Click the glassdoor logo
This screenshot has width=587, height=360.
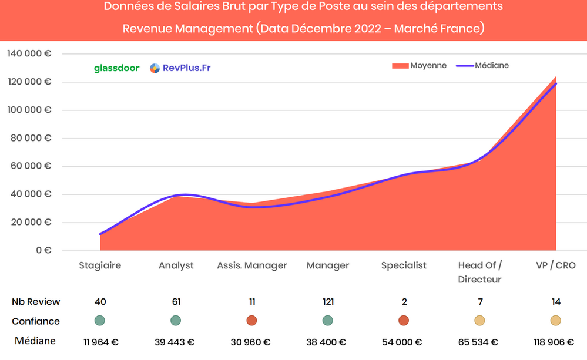[x=116, y=68]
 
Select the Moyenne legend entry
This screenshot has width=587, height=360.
[x=419, y=66]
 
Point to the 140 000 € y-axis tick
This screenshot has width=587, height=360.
[x=29, y=53]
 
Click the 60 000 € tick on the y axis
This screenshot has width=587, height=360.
[x=32, y=166]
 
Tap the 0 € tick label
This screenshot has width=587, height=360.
[x=43, y=250]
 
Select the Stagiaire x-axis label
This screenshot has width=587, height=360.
[x=100, y=265]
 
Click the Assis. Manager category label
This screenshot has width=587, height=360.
[x=252, y=265]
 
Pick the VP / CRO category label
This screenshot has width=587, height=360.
[x=556, y=265]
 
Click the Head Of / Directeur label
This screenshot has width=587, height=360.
[x=479, y=272]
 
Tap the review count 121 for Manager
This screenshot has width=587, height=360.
[x=328, y=302]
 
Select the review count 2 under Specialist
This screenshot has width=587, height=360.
[x=404, y=302]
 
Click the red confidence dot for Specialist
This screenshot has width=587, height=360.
[x=404, y=321]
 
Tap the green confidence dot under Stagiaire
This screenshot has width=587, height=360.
[x=100, y=321]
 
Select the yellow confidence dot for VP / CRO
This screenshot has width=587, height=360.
[x=555, y=321]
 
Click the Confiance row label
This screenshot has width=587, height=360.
[x=36, y=321]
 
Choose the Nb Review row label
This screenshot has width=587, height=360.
[x=36, y=302]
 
